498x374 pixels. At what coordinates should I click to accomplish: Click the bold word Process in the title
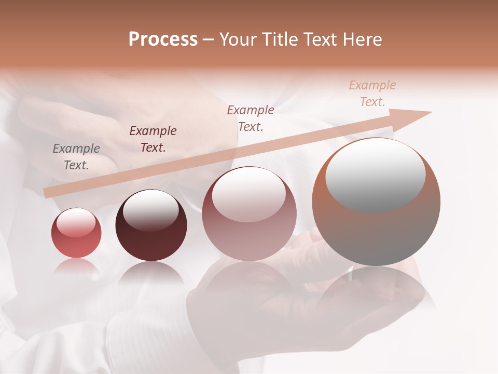tap(163, 39)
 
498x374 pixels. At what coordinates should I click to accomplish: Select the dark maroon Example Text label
tap(153, 139)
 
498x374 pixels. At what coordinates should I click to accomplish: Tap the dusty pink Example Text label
tap(251, 118)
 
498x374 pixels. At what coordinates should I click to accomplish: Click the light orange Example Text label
tap(372, 94)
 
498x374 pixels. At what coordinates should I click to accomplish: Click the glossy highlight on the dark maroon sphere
tap(151, 210)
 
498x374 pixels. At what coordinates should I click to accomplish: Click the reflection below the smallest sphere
tap(76, 268)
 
